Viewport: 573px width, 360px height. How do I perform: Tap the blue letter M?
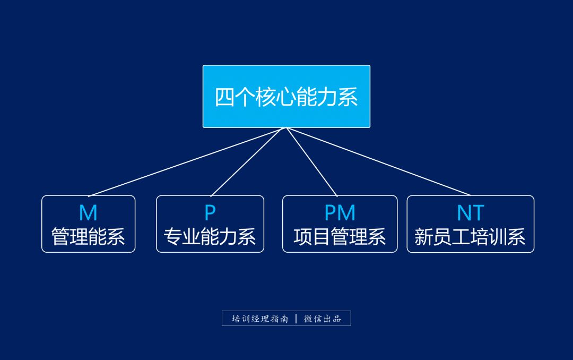click(x=88, y=213)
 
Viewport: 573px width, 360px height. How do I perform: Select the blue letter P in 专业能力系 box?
click(x=210, y=213)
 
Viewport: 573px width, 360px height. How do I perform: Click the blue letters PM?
click(x=340, y=213)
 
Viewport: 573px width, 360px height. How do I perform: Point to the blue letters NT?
click(x=470, y=213)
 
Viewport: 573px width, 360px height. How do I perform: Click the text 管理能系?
click(x=88, y=236)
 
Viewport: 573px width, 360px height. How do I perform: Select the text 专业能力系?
click(x=210, y=236)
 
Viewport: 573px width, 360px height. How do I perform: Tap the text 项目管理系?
click(x=340, y=236)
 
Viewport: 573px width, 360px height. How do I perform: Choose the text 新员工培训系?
click(x=470, y=236)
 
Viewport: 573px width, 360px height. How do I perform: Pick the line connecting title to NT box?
click(x=378, y=161)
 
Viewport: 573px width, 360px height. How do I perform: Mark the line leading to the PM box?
click(x=312, y=162)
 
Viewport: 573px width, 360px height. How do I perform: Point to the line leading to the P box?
click(x=248, y=162)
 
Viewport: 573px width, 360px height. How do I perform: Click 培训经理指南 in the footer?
click(x=260, y=319)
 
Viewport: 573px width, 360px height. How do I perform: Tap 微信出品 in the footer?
click(x=322, y=319)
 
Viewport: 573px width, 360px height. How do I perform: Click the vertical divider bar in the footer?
click(x=296, y=319)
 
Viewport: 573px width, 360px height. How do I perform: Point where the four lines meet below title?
click(x=286, y=128)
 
